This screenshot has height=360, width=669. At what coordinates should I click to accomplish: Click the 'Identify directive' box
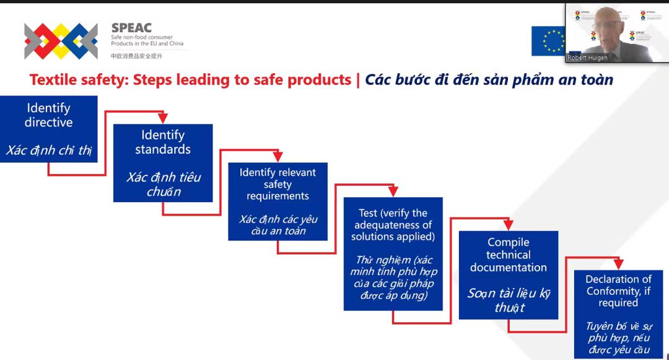pos(49,129)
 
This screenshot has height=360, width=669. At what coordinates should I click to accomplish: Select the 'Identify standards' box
pos(163,163)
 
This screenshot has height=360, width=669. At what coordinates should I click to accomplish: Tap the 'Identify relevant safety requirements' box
pos(278,201)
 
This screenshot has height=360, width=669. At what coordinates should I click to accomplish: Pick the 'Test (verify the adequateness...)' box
pos(393,254)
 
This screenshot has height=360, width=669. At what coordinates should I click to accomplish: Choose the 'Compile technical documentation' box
pos(508,275)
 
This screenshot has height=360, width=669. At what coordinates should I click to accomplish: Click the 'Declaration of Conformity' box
pos(618,314)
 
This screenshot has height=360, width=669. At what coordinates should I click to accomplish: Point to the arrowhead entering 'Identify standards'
pos(162,118)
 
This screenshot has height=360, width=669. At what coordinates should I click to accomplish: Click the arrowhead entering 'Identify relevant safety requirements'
pos(278,157)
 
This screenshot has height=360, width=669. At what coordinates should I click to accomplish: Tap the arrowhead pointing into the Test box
pos(393,191)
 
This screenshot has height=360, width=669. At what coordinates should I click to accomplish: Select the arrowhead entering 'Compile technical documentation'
pos(508,225)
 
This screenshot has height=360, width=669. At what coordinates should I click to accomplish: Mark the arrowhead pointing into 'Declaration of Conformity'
pos(619,264)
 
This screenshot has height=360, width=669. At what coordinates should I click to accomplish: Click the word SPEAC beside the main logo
pos(131,28)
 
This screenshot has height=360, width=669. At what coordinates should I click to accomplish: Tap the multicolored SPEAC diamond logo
pos(61,41)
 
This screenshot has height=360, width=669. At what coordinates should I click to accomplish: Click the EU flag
pos(548,41)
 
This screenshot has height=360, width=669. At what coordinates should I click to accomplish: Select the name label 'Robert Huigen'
pos(587,58)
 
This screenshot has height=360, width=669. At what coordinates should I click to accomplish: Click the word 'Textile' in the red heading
pos(53,80)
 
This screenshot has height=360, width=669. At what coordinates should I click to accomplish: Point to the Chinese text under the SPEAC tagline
pos(136,56)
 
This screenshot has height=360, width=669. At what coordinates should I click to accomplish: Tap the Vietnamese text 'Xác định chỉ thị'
pos(49,150)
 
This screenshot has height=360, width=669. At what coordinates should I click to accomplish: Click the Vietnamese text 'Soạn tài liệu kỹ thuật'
pos(509,301)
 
